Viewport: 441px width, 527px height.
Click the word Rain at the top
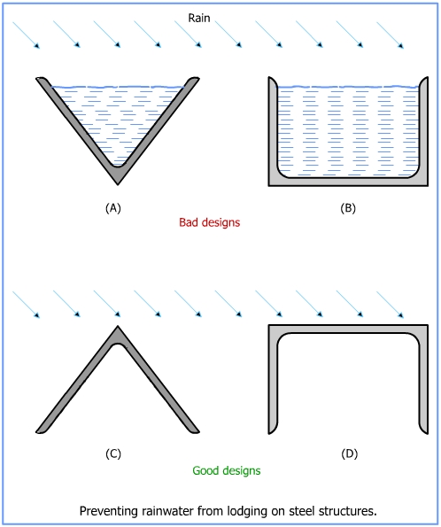point(199,18)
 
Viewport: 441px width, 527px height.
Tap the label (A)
point(113,208)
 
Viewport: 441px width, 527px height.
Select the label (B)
point(348,208)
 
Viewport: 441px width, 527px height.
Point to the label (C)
point(113,454)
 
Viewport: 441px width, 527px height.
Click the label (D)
point(350,454)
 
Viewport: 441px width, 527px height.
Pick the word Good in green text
point(204,470)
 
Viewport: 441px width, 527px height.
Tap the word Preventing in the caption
point(109,511)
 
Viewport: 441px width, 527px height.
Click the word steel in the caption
point(303,511)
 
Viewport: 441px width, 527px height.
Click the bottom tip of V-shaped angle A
point(118,184)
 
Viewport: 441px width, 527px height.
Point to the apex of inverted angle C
point(118,326)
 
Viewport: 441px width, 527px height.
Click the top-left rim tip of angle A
point(38,80)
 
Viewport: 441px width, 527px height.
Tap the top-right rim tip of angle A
point(198,80)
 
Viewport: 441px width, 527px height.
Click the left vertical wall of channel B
point(273,131)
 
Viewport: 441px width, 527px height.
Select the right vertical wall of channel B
point(423,131)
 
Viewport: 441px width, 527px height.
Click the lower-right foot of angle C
point(197,431)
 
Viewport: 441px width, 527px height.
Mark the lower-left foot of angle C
point(38,431)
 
